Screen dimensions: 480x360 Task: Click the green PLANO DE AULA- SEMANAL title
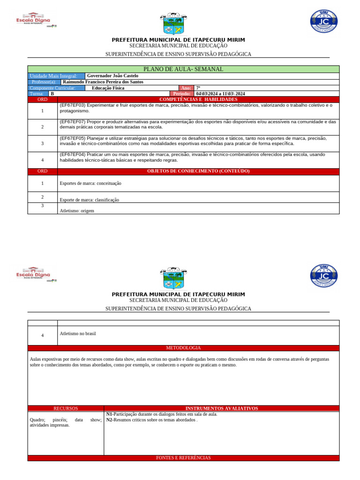183,69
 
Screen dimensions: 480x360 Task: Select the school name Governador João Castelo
111,76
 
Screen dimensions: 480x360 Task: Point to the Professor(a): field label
44,82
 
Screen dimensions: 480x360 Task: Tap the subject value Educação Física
108,88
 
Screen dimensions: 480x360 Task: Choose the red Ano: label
186,88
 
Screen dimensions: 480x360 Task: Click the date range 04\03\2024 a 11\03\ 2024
220,94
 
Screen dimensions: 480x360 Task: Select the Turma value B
52,94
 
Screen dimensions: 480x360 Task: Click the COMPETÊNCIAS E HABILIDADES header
198,99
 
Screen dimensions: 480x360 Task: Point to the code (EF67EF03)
73,105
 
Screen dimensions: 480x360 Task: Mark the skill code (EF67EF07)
73,121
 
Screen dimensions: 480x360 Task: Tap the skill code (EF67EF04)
73,154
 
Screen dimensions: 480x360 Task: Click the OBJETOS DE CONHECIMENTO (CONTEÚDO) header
198,171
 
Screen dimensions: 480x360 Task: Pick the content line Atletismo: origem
77,211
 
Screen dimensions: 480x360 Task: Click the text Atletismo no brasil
78,334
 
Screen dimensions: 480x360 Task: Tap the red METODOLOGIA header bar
183,348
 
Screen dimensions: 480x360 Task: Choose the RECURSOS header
66,408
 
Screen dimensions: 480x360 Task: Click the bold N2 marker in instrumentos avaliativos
110,420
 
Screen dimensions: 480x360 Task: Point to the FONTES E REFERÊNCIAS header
183,458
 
